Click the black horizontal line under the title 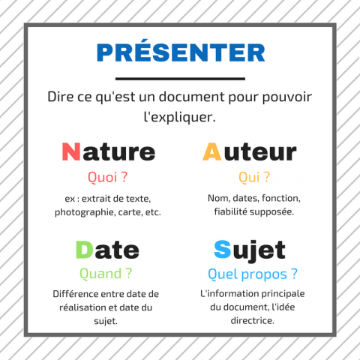[180, 79]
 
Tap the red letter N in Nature [71, 151]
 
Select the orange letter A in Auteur [212, 151]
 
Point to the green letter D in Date [85, 250]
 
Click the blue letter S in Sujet [223, 249]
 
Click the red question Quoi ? [107, 177]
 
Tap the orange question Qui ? [254, 177]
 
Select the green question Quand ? [106, 274]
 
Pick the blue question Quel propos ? [253, 274]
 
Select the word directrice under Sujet [252, 320]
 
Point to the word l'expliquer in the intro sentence [179, 117]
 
